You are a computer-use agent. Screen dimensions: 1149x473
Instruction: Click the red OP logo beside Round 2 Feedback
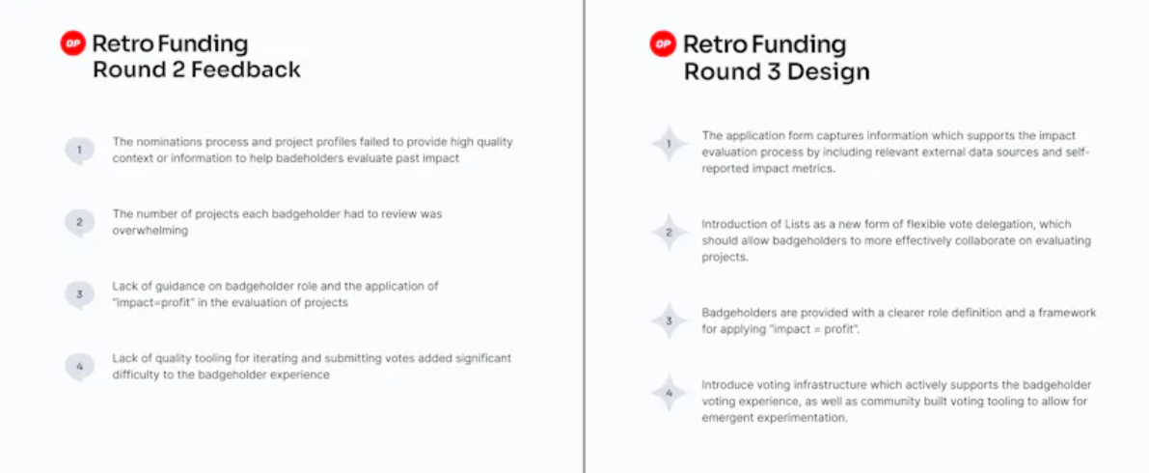pyautogui.click(x=73, y=43)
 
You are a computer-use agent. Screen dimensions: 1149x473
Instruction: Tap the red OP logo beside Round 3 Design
pyautogui.click(x=663, y=44)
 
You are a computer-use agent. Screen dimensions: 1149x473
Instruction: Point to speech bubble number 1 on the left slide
pyautogui.click(x=79, y=151)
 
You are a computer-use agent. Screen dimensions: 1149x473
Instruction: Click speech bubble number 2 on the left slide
pyautogui.click(x=79, y=223)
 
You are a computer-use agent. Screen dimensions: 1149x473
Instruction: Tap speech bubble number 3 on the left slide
pyautogui.click(x=79, y=294)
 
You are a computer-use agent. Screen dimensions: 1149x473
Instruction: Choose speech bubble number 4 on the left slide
pyautogui.click(x=79, y=367)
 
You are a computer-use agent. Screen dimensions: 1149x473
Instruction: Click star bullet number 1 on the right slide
pyautogui.click(x=669, y=145)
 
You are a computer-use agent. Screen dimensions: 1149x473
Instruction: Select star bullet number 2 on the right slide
pyautogui.click(x=669, y=233)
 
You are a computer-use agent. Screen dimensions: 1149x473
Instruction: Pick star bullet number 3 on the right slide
pyautogui.click(x=669, y=320)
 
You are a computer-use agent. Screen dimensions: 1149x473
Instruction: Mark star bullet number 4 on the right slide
pyautogui.click(x=669, y=392)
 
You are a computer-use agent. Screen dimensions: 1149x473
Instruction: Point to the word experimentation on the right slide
pyautogui.click(x=807, y=419)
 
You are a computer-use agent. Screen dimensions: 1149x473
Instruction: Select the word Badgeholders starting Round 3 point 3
pyautogui.click(x=736, y=313)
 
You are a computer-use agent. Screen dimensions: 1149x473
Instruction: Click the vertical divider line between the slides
pyautogui.click(x=584, y=236)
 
